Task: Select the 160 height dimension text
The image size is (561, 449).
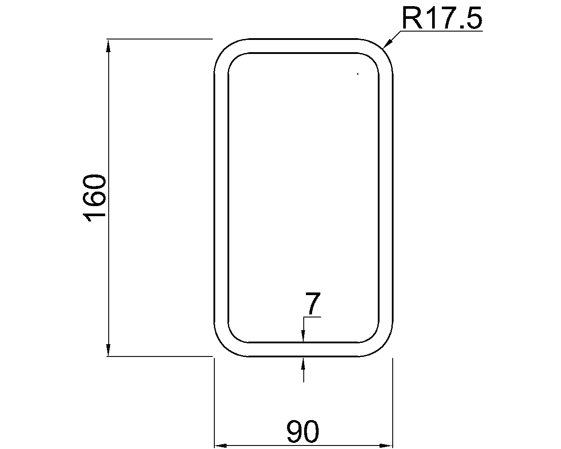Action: point(95,198)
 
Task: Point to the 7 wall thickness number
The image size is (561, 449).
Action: point(312,304)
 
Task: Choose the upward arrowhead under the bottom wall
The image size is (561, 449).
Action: point(303,362)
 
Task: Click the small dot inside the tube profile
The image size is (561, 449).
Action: point(358,74)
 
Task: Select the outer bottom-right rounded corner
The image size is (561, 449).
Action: point(384,348)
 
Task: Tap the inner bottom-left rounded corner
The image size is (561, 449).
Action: point(234,336)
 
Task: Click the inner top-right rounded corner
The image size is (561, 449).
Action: point(373,59)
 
